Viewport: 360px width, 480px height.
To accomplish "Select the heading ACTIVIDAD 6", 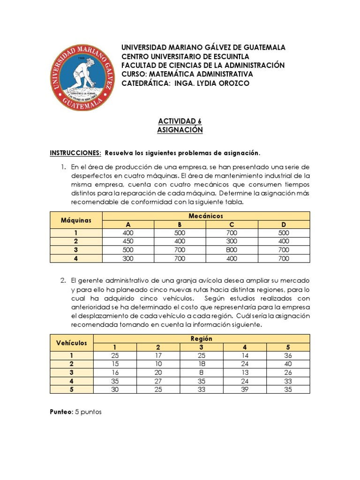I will (180, 120).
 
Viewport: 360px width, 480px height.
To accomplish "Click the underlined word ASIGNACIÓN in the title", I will (180, 130).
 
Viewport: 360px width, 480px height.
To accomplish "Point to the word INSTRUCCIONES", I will (75, 153).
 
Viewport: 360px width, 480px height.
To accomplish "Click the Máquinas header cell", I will (75, 220).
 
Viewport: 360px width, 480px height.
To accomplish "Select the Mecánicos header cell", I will (206, 216).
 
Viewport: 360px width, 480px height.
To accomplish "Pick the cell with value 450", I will (128, 241).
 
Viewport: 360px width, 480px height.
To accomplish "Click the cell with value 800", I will (232, 250).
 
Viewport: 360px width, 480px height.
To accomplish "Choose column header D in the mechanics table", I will (284, 225).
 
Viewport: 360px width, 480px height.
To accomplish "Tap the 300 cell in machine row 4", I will (128, 258).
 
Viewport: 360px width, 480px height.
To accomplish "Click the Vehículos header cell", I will (72, 343).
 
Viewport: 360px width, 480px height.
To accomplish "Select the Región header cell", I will (202, 338).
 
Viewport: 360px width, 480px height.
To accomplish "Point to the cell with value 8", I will (202, 372).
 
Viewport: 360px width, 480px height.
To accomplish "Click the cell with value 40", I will (288, 364).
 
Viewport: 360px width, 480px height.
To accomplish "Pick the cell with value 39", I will (245, 389).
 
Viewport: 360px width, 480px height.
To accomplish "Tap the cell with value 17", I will (158, 355).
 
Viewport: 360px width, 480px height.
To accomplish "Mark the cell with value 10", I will (158, 364).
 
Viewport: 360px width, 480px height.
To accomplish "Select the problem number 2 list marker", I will (63, 280).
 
